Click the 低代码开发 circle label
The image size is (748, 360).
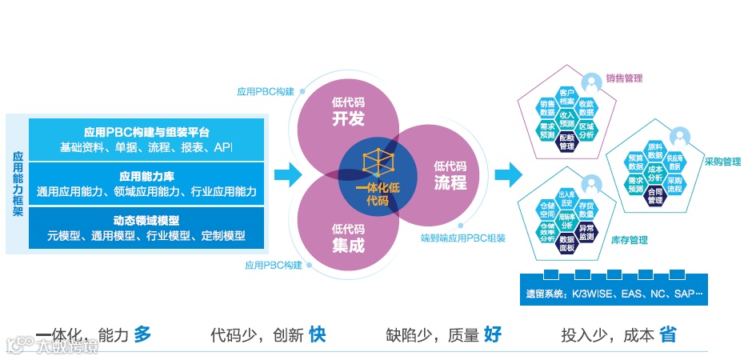348,111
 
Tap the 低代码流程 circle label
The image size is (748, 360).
450,175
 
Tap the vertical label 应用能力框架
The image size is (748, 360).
17,184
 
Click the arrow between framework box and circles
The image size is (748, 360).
286,174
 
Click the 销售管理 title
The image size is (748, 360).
624,78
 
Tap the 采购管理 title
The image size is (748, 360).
722,162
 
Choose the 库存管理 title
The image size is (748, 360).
629,240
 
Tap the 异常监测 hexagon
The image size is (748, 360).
586,232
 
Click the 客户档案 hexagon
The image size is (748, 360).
567,98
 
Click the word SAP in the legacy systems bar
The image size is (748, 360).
685,294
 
